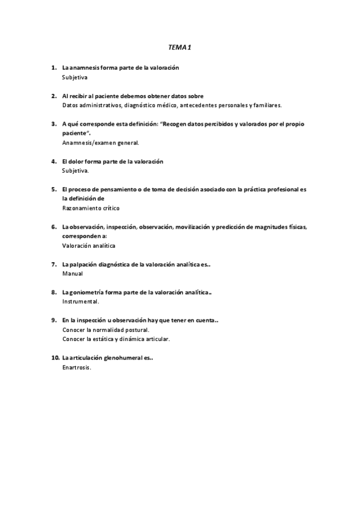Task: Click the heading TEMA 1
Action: coord(180,46)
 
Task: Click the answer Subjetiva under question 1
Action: coord(75,78)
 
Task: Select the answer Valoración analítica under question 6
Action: coord(89,246)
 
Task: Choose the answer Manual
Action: coord(72,274)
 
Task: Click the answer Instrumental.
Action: coord(81,301)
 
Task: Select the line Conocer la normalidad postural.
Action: coord(106,330)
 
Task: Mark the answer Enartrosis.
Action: coord(76,367)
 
